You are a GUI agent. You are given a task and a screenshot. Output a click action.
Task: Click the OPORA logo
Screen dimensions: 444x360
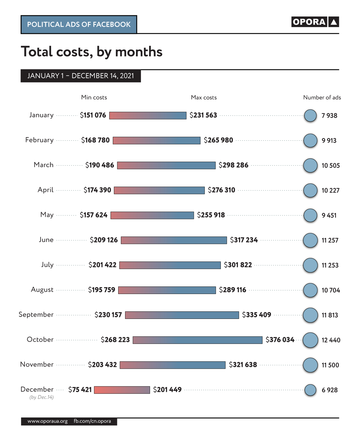(315, 22)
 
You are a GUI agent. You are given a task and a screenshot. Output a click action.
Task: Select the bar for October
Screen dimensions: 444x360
(197, 340)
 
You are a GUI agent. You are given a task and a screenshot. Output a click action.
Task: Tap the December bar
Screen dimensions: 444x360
(122, 390)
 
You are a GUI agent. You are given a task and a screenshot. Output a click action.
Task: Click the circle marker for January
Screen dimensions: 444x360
(310, 115)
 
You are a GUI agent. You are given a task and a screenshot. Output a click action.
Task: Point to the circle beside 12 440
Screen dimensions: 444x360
(310, 340)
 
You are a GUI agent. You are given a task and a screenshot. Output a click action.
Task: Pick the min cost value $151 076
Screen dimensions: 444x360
(93, 115)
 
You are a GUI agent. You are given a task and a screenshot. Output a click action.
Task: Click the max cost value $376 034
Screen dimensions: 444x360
(280, 340)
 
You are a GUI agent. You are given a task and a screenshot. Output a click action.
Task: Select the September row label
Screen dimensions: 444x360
(36, 314)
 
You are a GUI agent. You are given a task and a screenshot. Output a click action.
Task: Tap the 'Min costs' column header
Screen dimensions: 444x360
(94, 97)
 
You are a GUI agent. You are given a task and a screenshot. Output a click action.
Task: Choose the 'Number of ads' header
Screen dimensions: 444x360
(322, 97)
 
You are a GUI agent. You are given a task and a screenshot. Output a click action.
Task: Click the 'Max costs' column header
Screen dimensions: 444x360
(204, 97)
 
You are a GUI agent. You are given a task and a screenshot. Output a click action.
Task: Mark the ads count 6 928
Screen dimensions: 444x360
(329, 390)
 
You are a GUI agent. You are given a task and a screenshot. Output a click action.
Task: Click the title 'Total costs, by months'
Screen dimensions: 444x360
(91, 52)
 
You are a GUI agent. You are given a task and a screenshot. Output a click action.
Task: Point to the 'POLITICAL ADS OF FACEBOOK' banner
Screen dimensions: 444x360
(79, 25)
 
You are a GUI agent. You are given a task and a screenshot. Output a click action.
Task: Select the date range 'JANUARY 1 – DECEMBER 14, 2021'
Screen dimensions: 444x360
(80, 76)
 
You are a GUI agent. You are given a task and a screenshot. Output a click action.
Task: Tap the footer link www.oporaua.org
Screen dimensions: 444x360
(47, 421)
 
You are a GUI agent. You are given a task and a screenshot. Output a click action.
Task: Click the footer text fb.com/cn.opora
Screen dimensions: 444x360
(92, 421)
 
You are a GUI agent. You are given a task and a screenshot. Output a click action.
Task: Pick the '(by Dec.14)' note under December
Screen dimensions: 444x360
(41, 397)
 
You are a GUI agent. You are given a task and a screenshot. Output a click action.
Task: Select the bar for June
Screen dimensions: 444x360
(174, 240)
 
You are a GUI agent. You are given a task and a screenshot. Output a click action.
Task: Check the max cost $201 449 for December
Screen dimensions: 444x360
(167, 390)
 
